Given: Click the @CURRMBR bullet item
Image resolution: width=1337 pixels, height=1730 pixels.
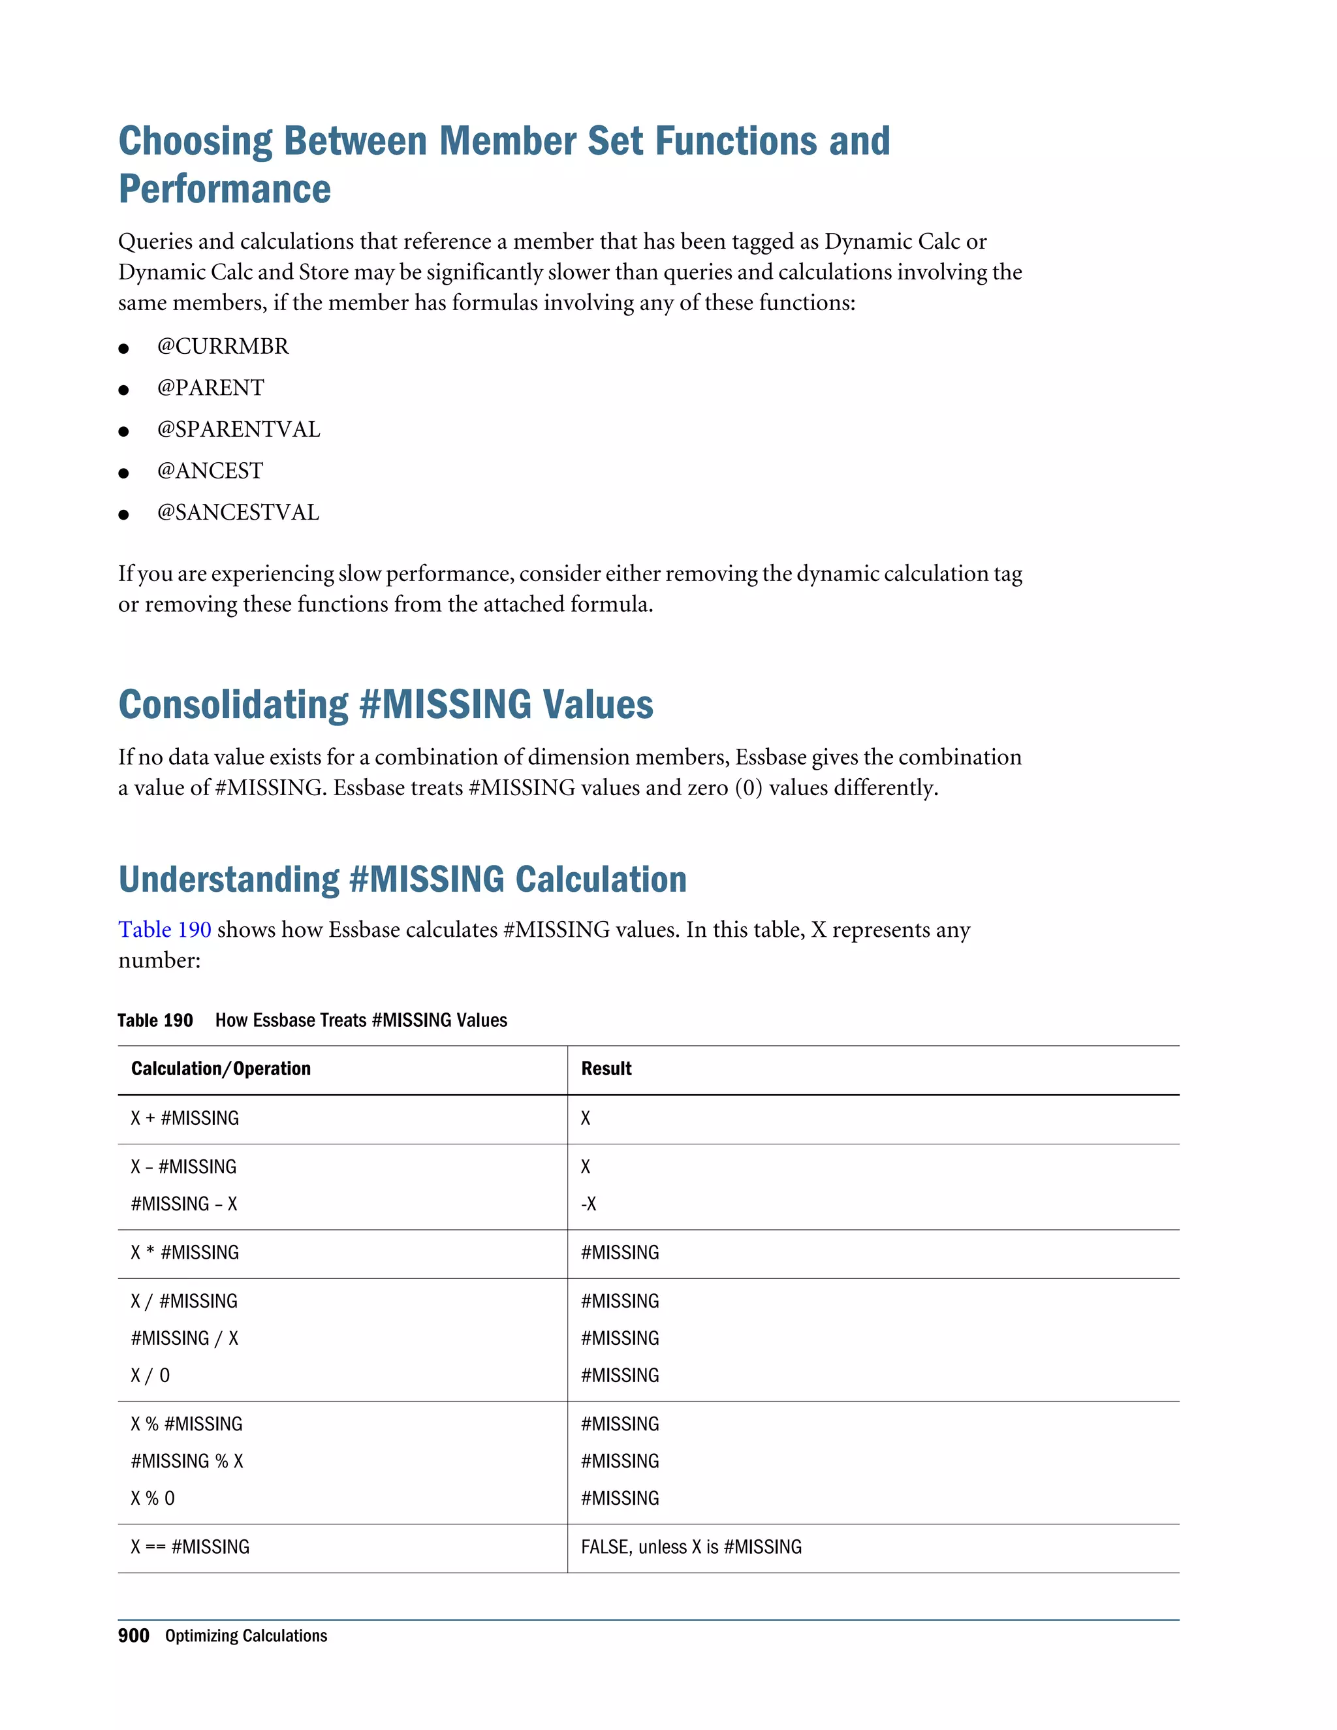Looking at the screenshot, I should click(x=223, y=346).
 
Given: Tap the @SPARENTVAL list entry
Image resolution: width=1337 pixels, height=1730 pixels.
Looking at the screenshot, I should click(x=238, y=430).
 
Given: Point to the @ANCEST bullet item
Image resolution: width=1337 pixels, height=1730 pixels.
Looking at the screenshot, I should click(x=210, y=471).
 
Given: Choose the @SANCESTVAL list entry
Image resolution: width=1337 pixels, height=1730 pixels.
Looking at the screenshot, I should click(x=238, y=512).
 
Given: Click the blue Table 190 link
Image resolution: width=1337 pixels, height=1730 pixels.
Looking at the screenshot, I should click(x=165, y=929).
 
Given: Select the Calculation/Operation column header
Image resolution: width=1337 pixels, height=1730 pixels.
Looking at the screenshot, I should click(x=221, y=1069).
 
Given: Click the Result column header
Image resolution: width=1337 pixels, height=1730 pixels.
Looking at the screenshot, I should click(x=606, y=1069).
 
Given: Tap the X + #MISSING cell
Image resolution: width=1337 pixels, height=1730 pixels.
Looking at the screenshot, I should click(x=185, y=1118).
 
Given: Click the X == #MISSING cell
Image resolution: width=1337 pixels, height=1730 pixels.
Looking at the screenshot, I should click(x=190, y=1547).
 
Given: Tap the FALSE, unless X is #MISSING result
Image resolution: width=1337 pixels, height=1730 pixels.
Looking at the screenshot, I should click(x=691, y=1547).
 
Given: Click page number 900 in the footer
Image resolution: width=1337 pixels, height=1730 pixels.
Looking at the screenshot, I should click(x=133, y=1636).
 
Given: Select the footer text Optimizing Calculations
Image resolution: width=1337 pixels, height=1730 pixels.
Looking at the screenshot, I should click(x=245, y=1636).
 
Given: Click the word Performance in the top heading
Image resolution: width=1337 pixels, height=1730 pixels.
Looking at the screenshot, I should click(x=225, y=189).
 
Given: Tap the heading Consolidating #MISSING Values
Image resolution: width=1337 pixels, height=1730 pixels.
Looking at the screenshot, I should click(x=386, y=704).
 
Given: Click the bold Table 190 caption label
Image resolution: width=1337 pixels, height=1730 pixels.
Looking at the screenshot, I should click(x=155, y=1020).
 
